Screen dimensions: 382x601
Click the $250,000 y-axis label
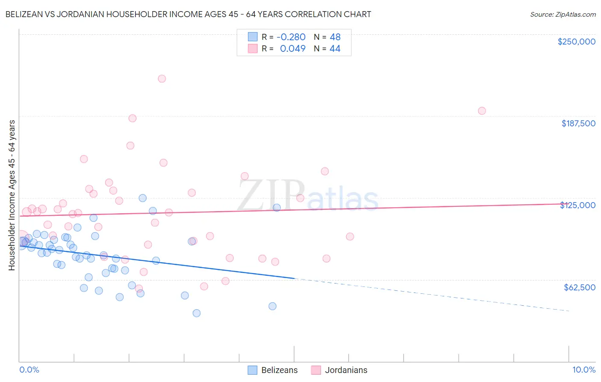576,42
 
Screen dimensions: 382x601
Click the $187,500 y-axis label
578,123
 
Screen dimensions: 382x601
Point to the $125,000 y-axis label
578,205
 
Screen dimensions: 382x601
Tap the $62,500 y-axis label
579,287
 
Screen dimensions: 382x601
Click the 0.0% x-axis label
29,370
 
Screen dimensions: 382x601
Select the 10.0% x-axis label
583,370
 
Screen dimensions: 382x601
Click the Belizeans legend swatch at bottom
253,370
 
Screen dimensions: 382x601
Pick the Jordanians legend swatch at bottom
316,370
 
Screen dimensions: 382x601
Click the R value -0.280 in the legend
291,37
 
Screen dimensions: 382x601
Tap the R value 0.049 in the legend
292,49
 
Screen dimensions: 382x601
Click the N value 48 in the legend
335,37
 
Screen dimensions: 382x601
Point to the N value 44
335,49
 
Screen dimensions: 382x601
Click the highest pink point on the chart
162,79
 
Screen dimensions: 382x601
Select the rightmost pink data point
482,111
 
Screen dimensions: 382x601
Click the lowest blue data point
197,313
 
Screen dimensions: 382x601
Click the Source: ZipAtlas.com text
563,14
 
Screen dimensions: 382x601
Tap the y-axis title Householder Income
12,195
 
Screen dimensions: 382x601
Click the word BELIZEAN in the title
24,14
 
